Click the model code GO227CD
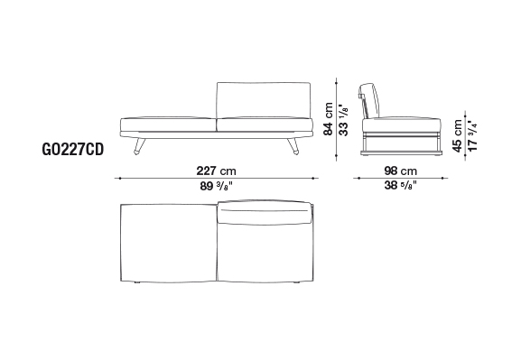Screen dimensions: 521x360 click(73, 150)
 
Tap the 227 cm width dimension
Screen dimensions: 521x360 click(216, 171)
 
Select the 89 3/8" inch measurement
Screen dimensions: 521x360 click(217, 186)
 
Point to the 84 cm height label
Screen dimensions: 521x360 click(328, 118)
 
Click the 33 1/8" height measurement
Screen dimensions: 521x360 click(343, 119)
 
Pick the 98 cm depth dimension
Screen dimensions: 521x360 click(400, 171)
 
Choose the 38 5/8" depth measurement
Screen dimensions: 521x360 click(400, 185)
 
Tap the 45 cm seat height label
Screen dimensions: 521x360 click(457, 136)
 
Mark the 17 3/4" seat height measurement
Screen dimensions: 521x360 click(472, 137)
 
